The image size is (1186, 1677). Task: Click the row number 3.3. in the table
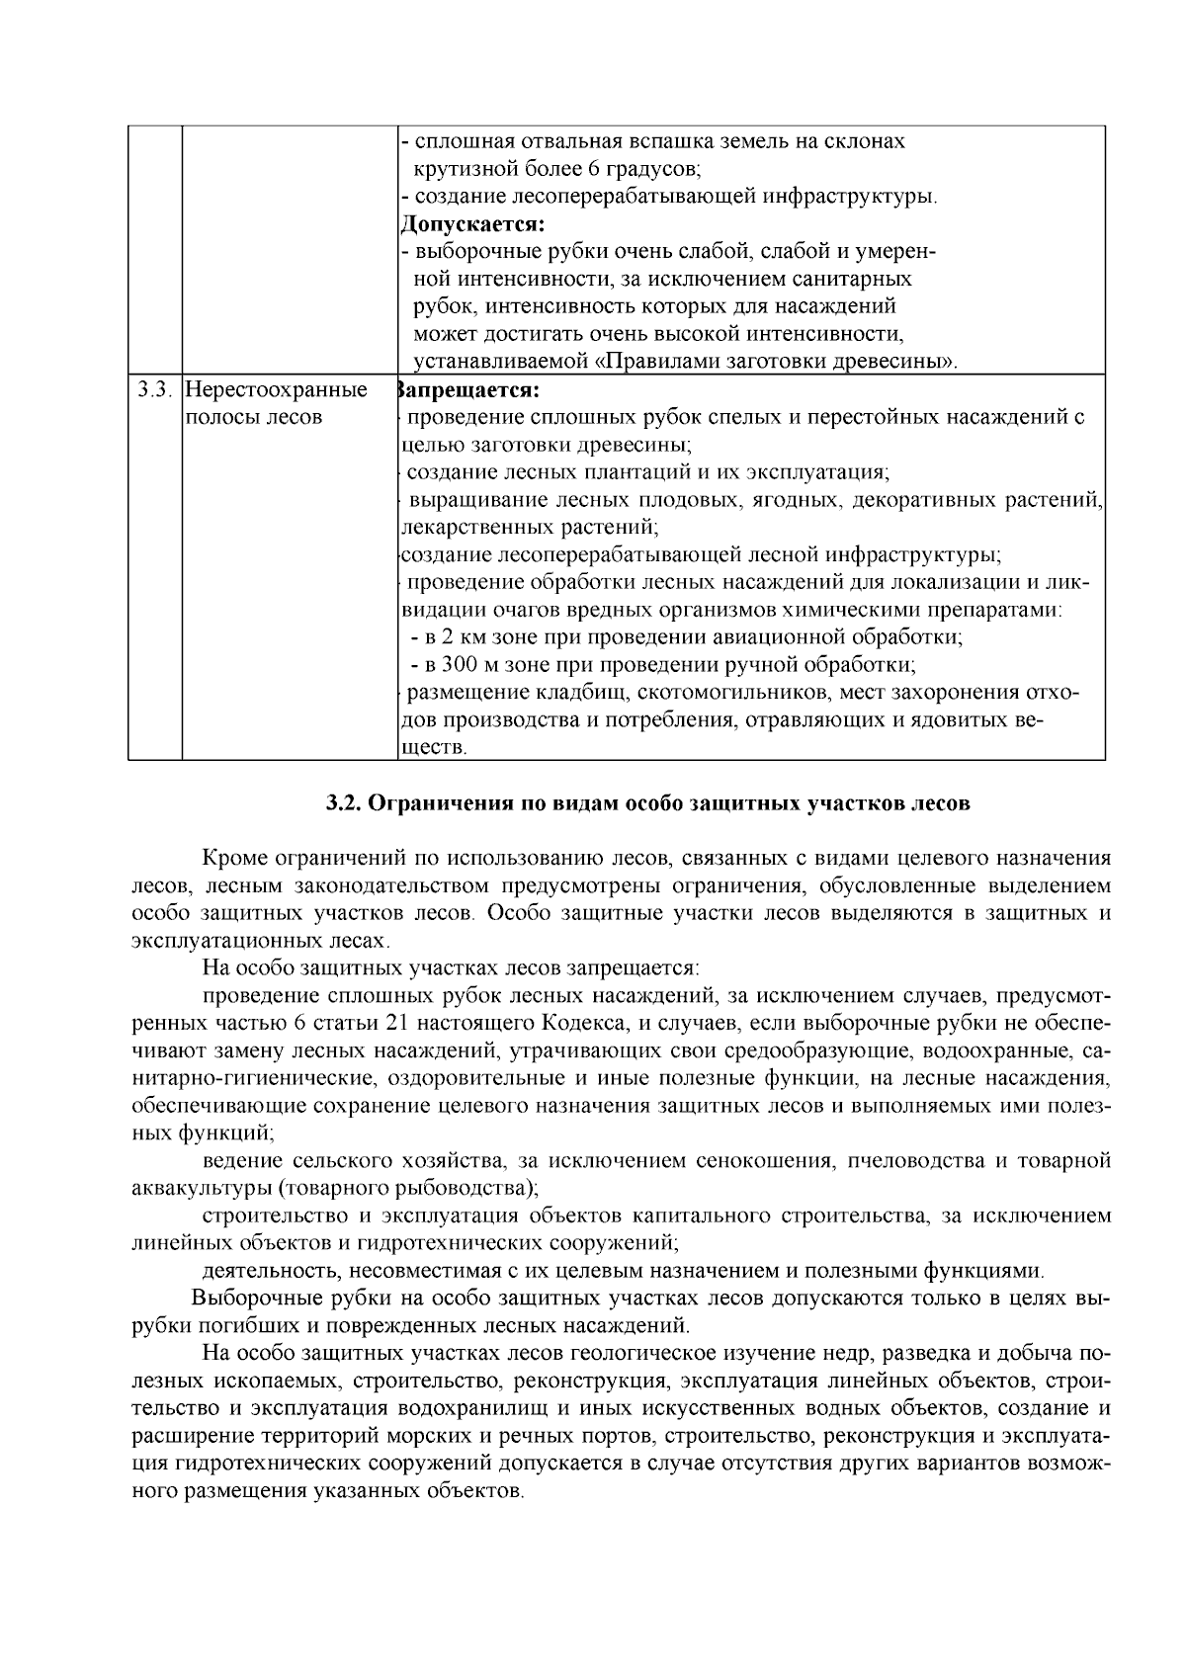[155, 390]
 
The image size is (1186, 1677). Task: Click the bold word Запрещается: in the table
[466, 390]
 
